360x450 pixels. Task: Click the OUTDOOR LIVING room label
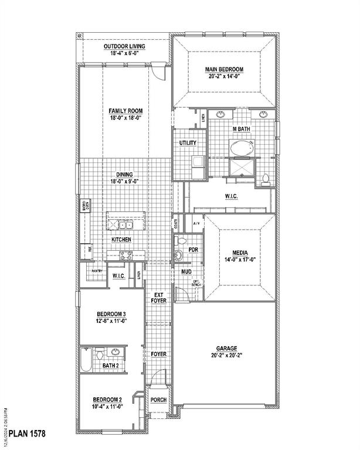tap(124, 46)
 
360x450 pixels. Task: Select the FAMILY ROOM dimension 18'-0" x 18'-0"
tap(125, 117)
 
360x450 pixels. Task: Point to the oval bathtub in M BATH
tap(241, 148)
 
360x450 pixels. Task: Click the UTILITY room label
tap(188, 143)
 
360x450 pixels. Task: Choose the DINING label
tap(124, 175)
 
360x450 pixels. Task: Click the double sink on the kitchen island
tap(125, 224)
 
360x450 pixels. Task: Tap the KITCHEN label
tap(121, 240)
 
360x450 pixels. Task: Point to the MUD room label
tap(186, 272)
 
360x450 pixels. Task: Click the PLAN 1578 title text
tap(23, 433)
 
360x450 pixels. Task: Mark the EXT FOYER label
tap(159, 298)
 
